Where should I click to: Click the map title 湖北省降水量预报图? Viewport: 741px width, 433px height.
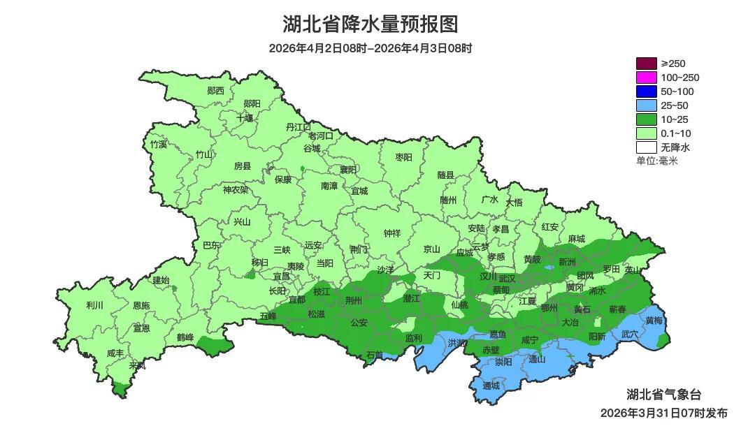pyautogui.click(x=370, y=24)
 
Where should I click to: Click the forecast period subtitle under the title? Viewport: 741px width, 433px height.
pyautogui.click(x=370, y=48)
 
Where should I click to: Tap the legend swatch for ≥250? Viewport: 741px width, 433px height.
pyautogui.click(x=646, y=64)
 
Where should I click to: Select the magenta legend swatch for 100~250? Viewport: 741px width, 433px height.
pyautogui.click(x=646, y=78)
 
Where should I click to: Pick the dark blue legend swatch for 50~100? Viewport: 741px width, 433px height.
pyautogui.click(x=646, y=91)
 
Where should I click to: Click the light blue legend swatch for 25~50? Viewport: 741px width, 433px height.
pyautogui.click(x=646, y=105)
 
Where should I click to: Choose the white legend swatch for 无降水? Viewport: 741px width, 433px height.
pyautogui.click(x=646, y=147)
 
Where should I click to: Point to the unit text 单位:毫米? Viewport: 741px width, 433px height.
pyautogui.click(x=656, y=161)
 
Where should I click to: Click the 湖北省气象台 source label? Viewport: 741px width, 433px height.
pyautogui.click(x=664, y=395)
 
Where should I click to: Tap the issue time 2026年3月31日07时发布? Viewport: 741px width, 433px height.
pyautogui.click(x=663, y=413)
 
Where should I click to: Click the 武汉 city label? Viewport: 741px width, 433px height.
pyautogui.click(x=507, y=278)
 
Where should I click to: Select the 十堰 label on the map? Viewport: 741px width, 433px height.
pyautogui.click(x=245, y=118)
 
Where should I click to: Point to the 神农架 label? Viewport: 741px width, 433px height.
pyautogui.click(x=236, y=189)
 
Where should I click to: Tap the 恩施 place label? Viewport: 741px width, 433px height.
pyautogui.click(x=141, y=306)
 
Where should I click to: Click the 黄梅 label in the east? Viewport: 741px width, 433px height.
pyautogui.click(x=654, y=321)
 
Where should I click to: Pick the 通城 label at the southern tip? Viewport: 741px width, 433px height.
pyautogui.click(x=491, y=386)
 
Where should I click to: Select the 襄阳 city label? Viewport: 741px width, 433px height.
pyautogui.click(x=347, y=170)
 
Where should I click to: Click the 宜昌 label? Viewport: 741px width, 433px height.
pyautogui.click(x=281, y=277)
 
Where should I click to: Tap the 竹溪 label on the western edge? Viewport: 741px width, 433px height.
pyautogui.click(x=159, y=145)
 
